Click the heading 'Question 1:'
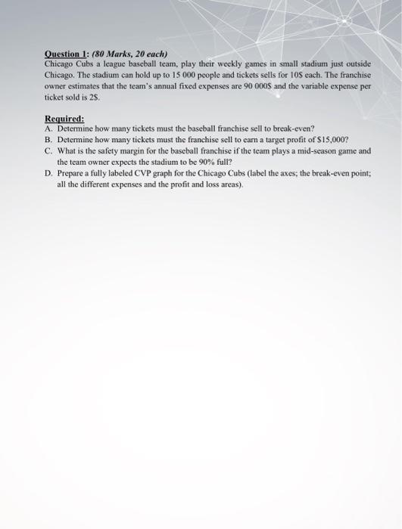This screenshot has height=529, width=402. tap(67, 54)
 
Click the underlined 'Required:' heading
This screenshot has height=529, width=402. tap(65, 119)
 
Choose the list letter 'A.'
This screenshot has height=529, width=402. tap(49, 128)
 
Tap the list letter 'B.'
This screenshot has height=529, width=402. tap(49, 140)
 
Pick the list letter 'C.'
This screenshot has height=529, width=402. tap(49, 150)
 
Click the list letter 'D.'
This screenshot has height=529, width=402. tap(49, 172)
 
